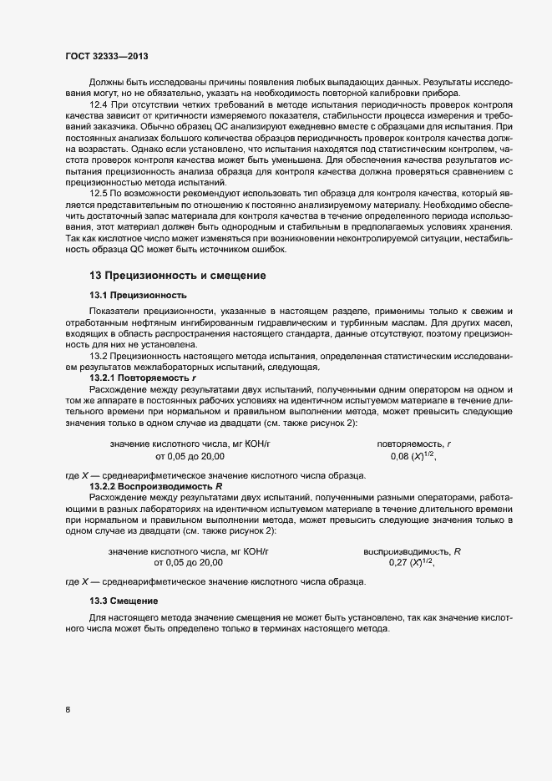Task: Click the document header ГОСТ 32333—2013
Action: click(107, 56)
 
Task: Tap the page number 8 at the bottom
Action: click(68, 710)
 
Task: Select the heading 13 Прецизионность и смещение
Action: click(178, 275)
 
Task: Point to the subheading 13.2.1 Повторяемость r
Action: click(137, 378)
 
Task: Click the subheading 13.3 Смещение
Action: click(123, 601)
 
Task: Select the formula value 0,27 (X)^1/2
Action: click(413, 563)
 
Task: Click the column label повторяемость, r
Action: click(413, 444)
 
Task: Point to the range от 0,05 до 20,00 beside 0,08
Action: click(190, 457)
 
